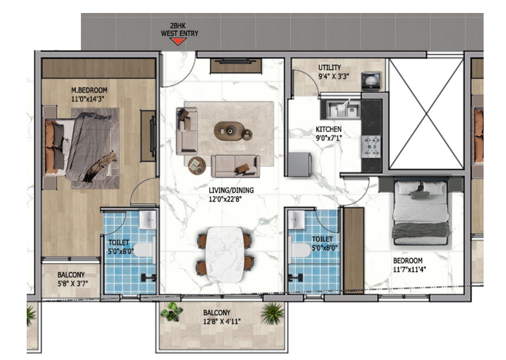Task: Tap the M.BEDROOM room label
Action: click(x=89, y=90)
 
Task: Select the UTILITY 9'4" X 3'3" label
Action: click(x=333, y=72)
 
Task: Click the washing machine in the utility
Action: click(x=371, y=82)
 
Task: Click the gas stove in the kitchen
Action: click(x=371, y=146)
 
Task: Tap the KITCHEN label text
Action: click(x=328, y=129)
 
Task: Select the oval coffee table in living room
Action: click(x=229, y=131)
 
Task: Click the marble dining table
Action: click(x=225, y=254)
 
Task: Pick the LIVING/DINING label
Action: click(x=231, y=190)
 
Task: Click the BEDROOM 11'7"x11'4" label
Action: click(x=409, y=265)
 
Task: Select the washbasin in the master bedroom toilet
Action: click(x=148, y=219)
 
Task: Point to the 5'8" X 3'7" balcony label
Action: click(x=73, y=284)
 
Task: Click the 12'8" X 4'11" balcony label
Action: click(x=222, y=321)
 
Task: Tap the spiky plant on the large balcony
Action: click(x=273, y=313)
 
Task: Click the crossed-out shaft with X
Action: click(x=427, y=114)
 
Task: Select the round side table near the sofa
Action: click(x=197, y=166)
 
